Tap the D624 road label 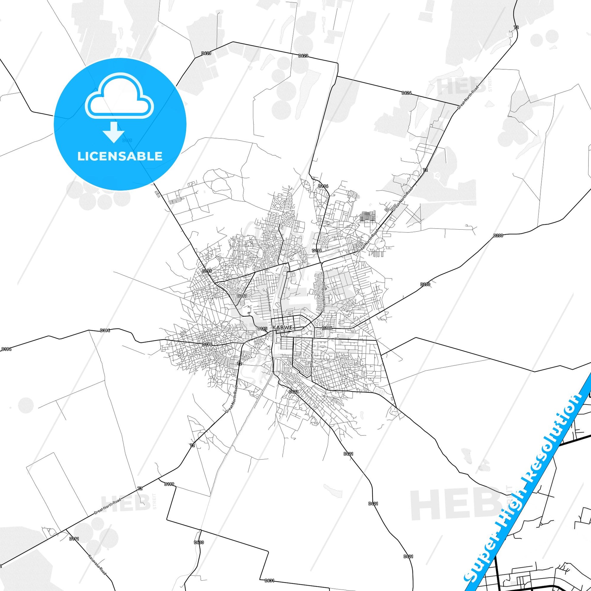(x=407, y=92)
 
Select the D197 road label (x=242, y=296)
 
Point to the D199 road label (x=169, y=484)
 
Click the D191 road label (x=74, y=539)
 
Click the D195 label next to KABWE (x=262, y=329)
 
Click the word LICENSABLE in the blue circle (x=120, y=156)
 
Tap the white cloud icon (x=120, y=96)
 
